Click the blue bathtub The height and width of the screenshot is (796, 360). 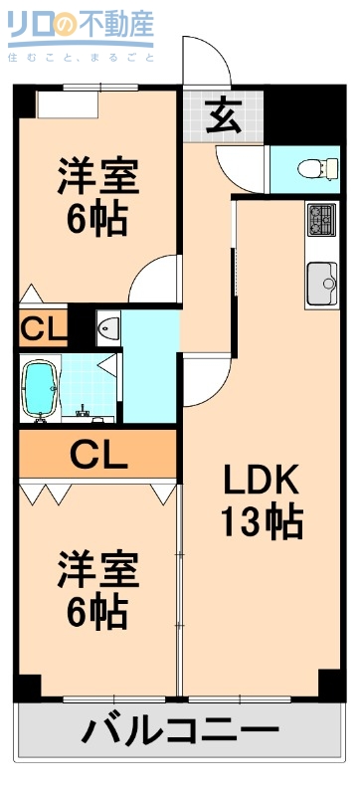click(x=39, y=388)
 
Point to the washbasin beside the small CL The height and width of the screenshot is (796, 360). click(x=107, y=326)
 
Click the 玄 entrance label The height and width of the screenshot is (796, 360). click(x=224, y=116)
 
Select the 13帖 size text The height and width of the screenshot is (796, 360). click(x=261, y=520)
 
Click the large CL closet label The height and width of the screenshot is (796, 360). click(x=97, y=456)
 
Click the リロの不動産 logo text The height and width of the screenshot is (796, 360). click(x=80, y=27)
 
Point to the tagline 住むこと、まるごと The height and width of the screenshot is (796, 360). click(x=80, y=57)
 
